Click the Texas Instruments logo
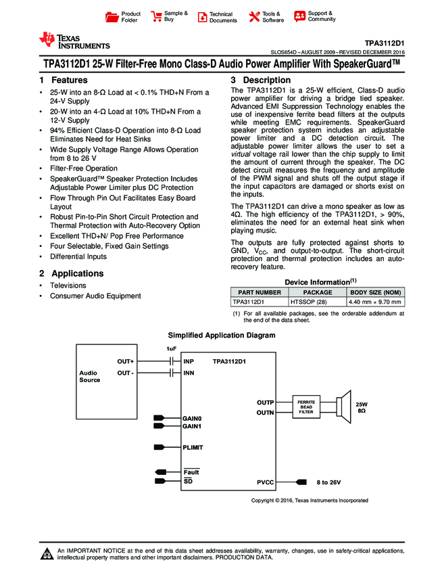(x=74, y=41)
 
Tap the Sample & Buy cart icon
(x=156, y=17)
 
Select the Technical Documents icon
(x=201, y=17)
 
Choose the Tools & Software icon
(x=255, y=17)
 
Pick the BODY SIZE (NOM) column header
(x=374, y=292)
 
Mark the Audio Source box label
(x=90, y=376)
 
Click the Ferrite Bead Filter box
(x=307, y=407)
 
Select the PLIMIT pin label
(x=193, y=447)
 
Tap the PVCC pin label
(x=266, y=482)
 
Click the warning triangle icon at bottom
(x=47, y=555)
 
